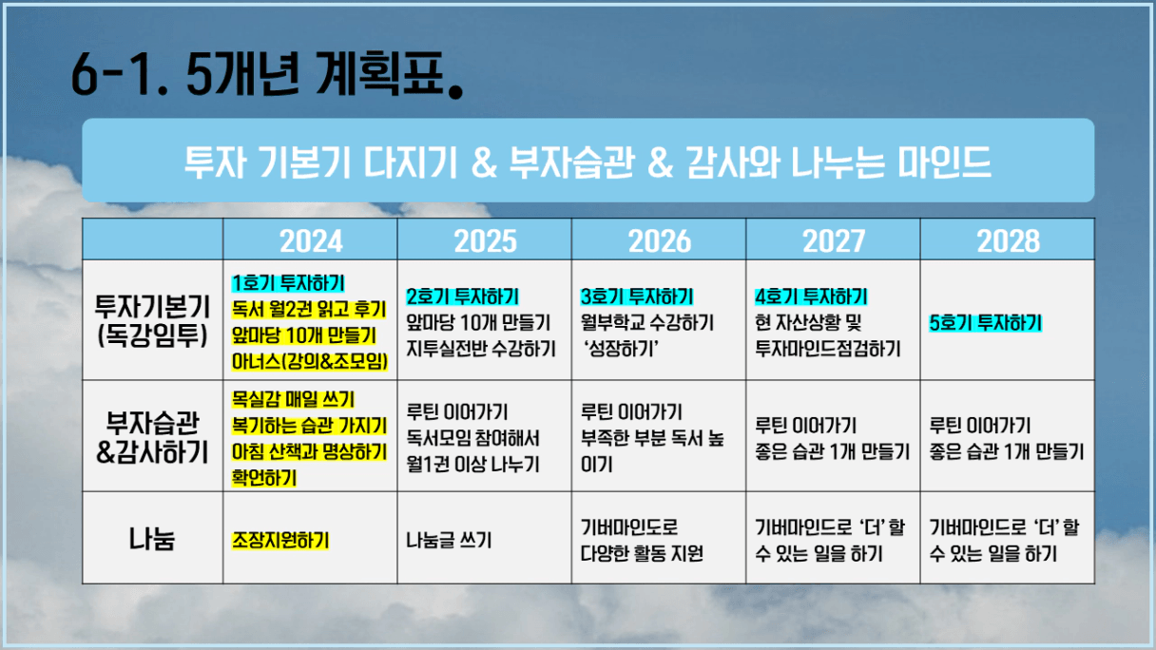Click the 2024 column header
click(311, 241)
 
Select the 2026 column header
click(660, 241)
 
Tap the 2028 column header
click(1009, 241)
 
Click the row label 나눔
click(152, 539)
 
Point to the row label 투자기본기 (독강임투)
click(152, 321)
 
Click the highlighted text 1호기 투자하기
click(288, 283)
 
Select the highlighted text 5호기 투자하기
click(985, 323)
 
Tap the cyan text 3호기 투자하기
click(637, 296)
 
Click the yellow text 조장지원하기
click(280, 541)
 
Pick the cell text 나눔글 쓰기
click(449, 541)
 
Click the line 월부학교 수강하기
click(647, 323)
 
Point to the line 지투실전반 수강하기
click(481, 350)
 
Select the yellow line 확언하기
click(264, 478)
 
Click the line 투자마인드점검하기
click(828, 350)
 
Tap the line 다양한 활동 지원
click(642, 554)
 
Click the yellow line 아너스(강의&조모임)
click(310, 362)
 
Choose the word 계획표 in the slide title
click(380, 74)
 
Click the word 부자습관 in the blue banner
click(571, 162)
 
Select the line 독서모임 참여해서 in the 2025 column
click(472, 438)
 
